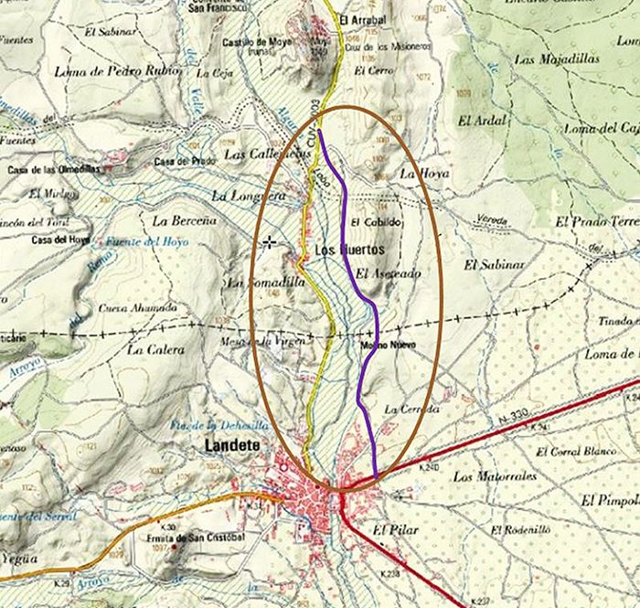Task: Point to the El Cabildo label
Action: (x=376, y=222)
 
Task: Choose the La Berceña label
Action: (x=184, y=220)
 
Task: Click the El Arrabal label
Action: (x=361, y=19)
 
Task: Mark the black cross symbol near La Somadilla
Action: (x=270, y=242)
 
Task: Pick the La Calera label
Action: (x=155, y=349)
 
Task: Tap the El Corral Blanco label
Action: (x=576, y=452)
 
